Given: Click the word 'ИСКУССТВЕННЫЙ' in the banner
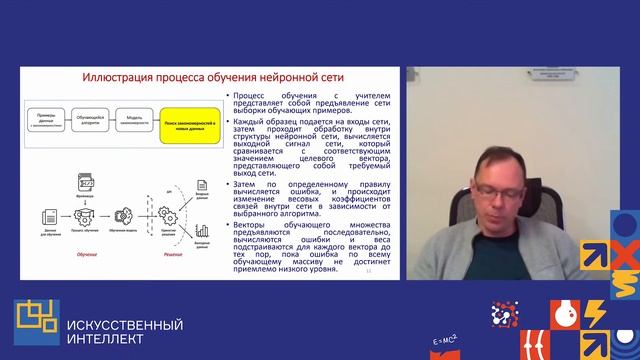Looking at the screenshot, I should (x=123, y=325).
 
